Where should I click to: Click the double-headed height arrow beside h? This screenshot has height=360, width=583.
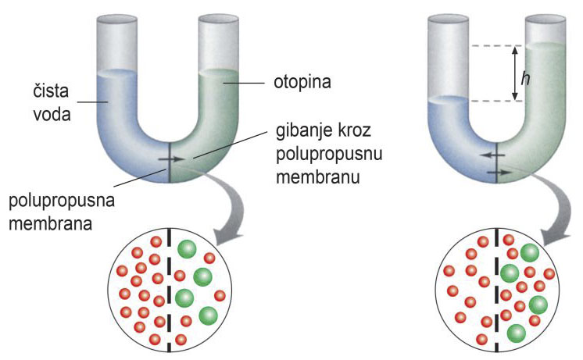[514, 73]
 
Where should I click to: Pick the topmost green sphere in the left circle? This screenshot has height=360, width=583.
[188, 249]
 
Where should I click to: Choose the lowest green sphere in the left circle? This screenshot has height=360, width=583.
[209, 315]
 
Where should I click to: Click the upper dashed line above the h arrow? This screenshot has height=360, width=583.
[492, 46]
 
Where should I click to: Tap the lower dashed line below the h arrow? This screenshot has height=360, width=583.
[492, 101]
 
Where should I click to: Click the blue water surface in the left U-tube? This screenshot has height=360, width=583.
[118, 76]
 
